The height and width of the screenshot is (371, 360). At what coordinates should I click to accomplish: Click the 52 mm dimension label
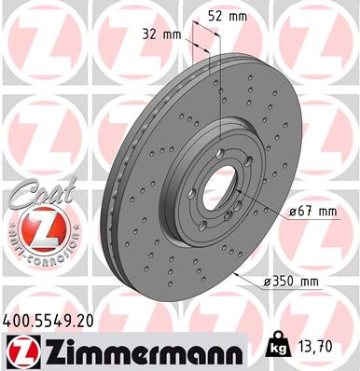[x=227, y=15]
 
